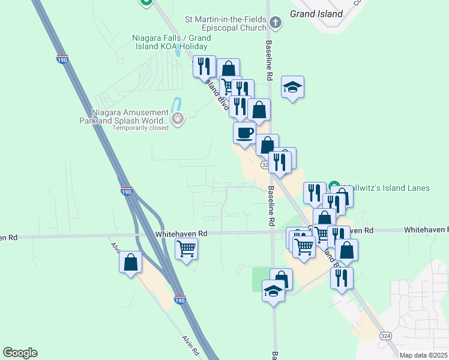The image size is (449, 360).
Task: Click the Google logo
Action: point(20,353)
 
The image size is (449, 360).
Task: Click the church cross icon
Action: point(276,23)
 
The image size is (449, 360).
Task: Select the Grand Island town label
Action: point(316,13)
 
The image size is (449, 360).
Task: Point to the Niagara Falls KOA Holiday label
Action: point(170,42)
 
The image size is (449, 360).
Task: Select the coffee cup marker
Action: point(244,133)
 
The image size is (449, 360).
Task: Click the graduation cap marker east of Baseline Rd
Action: point(292,88)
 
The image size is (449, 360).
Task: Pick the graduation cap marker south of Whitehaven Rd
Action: point(274,292)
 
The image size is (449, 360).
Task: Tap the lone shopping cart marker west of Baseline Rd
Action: point(187,247)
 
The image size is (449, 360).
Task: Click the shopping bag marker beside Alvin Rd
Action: point(131,262)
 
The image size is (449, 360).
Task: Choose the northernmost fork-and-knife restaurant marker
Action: point(204,66)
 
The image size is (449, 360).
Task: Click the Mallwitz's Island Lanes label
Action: point(385,188)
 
